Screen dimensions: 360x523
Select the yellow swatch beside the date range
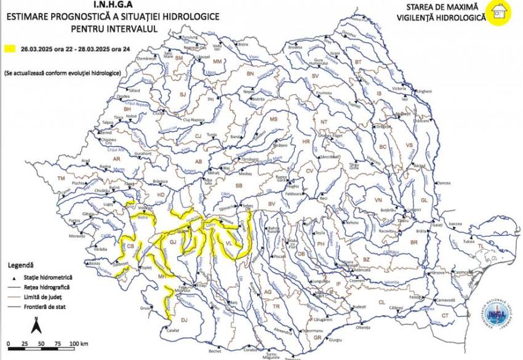9,47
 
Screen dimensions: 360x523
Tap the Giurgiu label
335,340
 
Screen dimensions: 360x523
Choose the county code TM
61,178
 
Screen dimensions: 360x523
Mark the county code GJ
173,243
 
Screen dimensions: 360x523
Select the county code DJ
183,319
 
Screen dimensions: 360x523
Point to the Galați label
437,226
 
